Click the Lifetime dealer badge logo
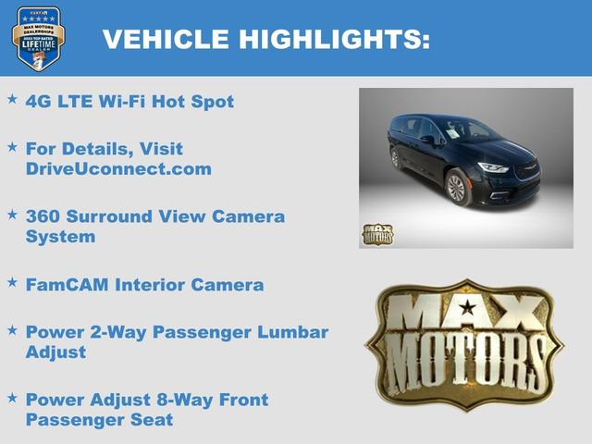[38, 40]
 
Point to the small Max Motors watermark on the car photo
[376, 234]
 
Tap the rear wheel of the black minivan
[396, 158]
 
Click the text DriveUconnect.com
[119, 168]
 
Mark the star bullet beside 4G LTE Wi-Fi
[13, 98]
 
